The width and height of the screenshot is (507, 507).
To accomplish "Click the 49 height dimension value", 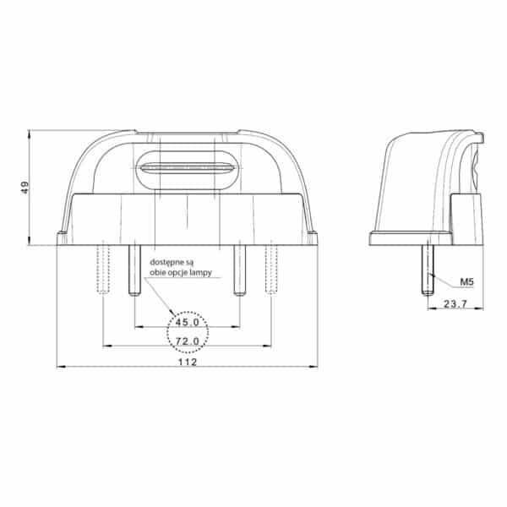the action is coord(25,188).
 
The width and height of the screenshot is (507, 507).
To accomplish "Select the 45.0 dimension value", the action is coord(188,323).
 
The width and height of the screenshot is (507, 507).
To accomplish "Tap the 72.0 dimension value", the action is coord(188,341).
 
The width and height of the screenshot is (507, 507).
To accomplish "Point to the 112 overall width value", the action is coord(188,363).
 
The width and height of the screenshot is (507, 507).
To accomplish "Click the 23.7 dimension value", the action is coord(455,304).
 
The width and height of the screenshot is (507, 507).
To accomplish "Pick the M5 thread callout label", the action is coord(466,282).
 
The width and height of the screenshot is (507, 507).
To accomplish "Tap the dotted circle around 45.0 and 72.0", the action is coord(188,312).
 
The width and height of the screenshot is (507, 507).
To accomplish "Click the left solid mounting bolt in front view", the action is coord(134,270).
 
